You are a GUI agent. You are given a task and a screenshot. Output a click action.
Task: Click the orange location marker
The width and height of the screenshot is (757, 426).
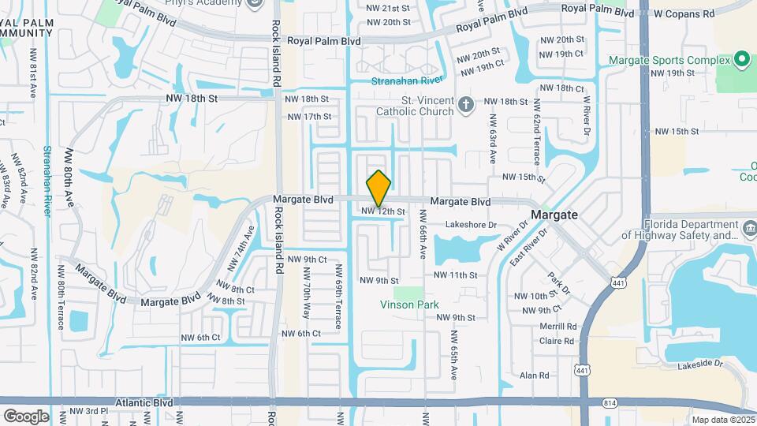(x=379, y=188)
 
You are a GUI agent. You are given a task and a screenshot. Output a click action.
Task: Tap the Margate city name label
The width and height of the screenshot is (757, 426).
(x=554, y=215)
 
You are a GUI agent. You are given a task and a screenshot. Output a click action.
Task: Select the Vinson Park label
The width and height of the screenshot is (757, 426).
(x=409, y=305)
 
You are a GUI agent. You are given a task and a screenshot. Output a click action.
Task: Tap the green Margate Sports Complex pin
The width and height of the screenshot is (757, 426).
(x=741, y=60)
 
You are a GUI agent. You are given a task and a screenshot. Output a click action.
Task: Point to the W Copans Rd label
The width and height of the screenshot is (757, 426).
(x=684, y=13)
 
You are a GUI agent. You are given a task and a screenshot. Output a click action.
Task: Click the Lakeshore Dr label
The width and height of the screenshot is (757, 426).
(x=472, y=225)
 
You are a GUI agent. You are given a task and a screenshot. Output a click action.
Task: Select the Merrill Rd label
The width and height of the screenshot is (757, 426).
(x=558, y=326)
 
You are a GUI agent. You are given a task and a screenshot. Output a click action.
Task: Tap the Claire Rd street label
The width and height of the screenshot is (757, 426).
(x=557, y=341)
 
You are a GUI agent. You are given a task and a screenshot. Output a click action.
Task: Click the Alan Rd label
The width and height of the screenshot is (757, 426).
(x=534, y=376)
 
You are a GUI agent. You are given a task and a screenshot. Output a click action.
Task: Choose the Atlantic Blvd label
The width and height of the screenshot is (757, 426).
(x=144, y=402)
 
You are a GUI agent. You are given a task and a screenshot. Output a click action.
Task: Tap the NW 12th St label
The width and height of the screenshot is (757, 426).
(x=383, y=211)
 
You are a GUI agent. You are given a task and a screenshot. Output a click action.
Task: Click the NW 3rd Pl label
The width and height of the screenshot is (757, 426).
(x=88, y=412)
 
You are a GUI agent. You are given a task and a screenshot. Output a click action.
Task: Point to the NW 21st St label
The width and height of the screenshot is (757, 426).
(x=389, y=8)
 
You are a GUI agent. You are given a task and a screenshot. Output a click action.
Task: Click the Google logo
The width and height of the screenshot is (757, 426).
(x=25, y=416)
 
